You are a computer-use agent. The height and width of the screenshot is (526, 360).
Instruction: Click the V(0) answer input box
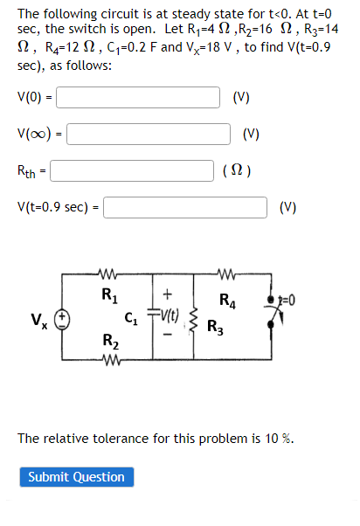coord(138,97)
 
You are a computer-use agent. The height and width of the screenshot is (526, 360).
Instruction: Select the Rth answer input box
coord(132,170)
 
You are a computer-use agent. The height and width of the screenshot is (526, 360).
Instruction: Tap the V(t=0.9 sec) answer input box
coord(186,207)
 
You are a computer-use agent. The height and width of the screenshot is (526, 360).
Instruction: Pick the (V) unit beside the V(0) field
coord(242,97)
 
